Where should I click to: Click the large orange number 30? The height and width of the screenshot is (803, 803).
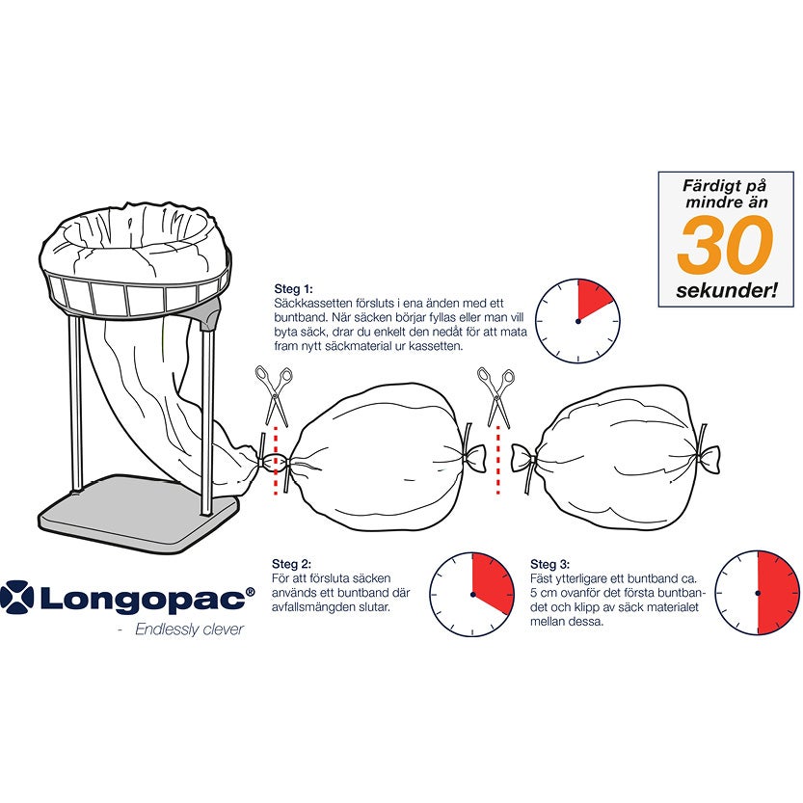[725, 245]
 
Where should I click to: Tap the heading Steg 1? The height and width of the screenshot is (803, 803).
[293, 288]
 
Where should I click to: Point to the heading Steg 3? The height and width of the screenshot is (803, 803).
[550, 564]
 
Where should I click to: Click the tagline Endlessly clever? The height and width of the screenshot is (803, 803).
[189, 630]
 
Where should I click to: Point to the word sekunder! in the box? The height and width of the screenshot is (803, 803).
[725, 289]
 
